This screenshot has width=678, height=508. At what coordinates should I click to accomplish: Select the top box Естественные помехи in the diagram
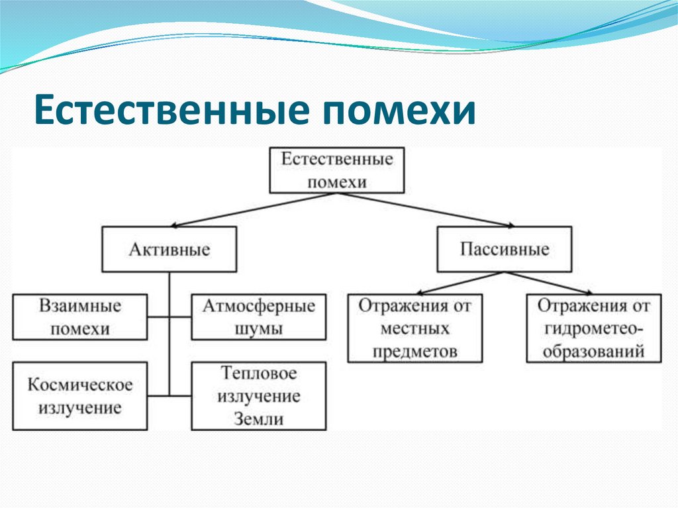click(336, 170)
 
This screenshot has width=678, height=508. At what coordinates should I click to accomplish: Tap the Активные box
click(169, 249)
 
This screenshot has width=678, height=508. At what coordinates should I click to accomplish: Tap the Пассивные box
click(505, 249)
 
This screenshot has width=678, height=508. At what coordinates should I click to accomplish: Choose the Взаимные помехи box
click(80, 317)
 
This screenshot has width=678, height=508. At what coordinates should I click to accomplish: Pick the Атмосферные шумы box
click(259, 317)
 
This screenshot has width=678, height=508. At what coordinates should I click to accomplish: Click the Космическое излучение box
click(80, 395)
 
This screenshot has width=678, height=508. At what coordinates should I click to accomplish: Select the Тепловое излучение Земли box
click(259, 395)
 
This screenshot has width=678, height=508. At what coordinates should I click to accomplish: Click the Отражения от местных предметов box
click(414, 328)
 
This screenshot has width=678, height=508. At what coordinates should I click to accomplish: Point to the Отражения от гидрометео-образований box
click(594, 328)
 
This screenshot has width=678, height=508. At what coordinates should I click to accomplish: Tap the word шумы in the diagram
click(259, 329)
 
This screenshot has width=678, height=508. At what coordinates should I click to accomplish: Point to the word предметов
click(414, 350)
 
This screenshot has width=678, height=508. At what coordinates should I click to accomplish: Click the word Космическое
click(80, 384)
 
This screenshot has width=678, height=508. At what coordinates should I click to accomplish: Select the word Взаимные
click(80, 306)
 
